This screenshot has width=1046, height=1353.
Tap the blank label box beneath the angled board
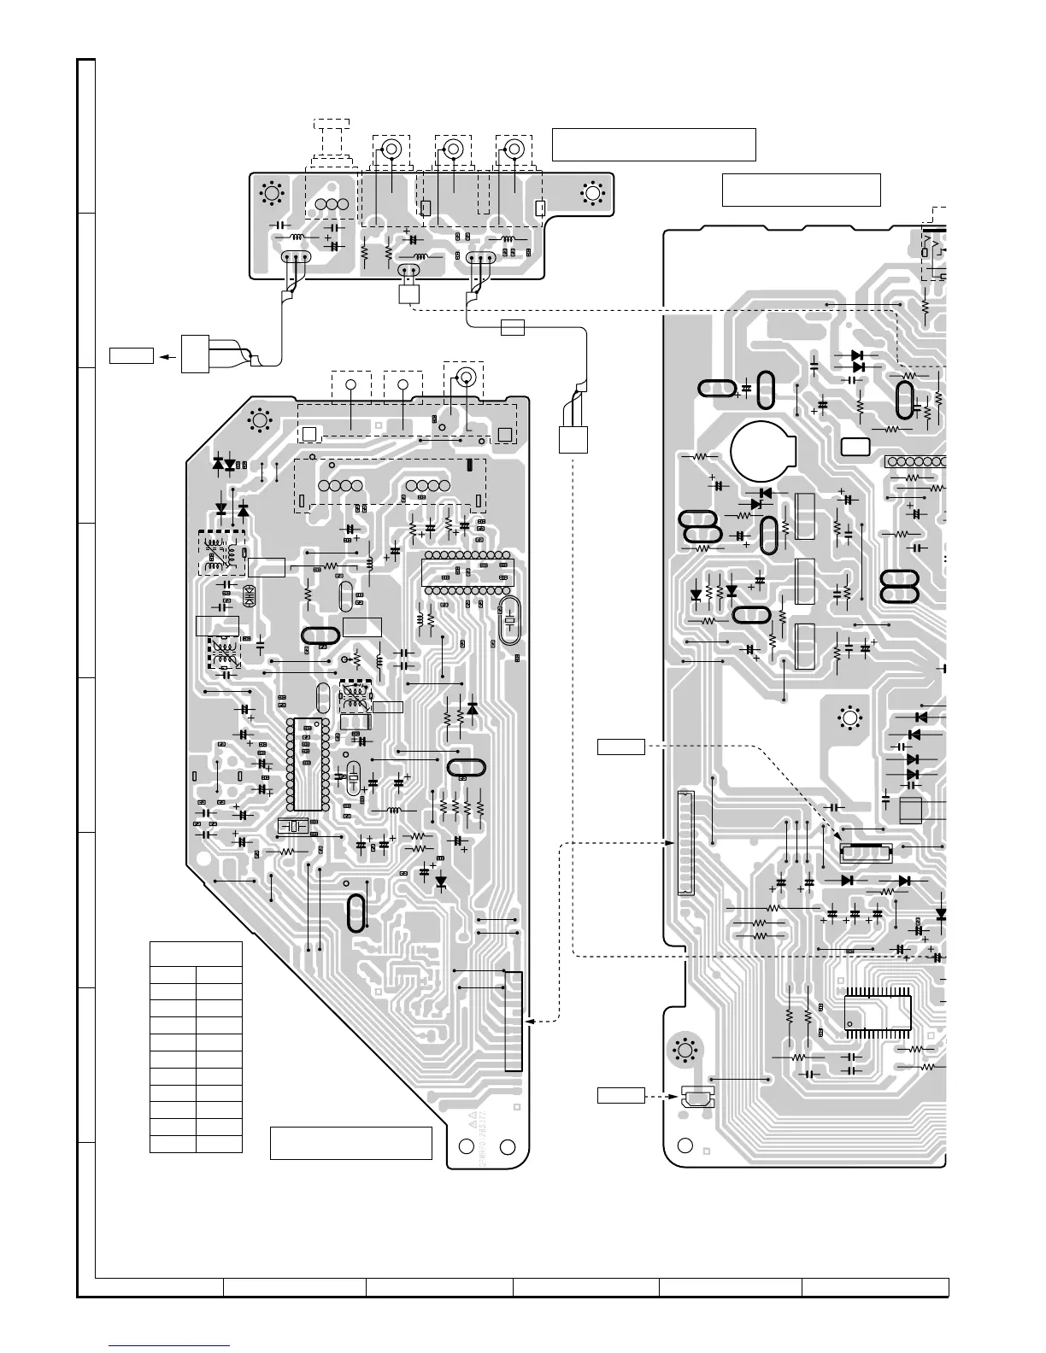click(350, 1143)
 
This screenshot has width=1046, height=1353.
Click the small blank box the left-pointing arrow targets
click(131, 354)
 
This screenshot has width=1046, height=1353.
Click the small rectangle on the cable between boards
click(511, 327)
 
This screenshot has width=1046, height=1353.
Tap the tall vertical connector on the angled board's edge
click(513, 1020)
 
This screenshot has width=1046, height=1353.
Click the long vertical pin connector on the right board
click(685, 843)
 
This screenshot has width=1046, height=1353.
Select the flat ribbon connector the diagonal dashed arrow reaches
click(867, 851)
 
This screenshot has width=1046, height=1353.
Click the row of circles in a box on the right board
click(916, 461)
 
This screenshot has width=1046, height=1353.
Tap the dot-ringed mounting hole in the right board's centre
click(849, 718)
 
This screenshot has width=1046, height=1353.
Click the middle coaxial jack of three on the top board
click(453, 150)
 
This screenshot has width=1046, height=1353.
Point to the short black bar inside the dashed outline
click(469, 466)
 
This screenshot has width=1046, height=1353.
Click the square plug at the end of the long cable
click(573, 439)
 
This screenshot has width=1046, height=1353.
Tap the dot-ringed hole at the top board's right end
click(591, 194)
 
